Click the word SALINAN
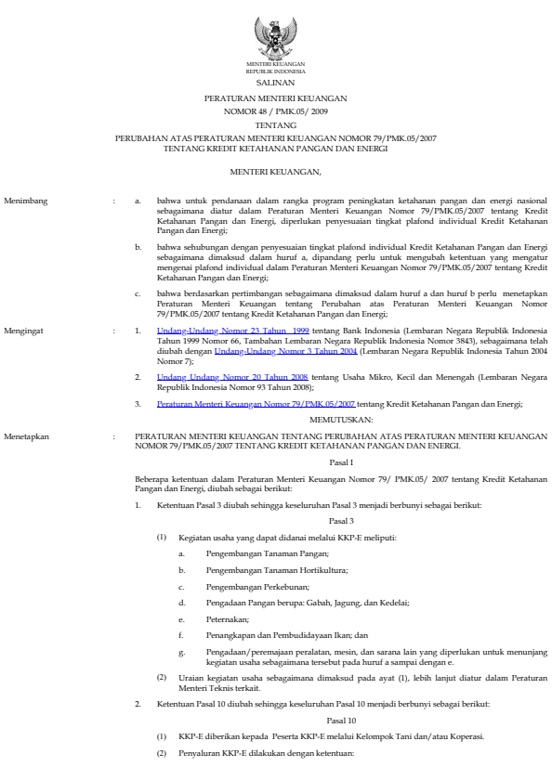click(275, 83)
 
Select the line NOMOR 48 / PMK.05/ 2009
click(275, 110)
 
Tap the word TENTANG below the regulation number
click(275, 123)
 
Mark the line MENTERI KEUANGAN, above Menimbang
click(275, 172)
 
